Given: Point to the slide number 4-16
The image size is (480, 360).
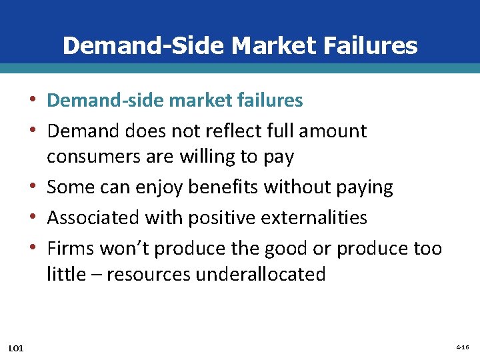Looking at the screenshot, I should (x=463, y=348).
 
